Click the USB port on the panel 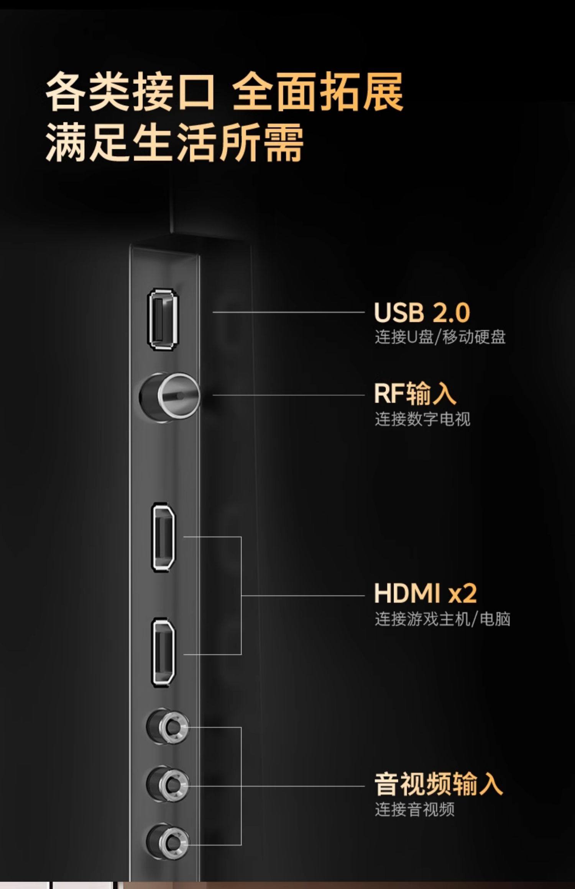point(163,319)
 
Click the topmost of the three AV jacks point(168,726)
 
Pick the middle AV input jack point(168,784)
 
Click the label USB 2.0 point(422,312)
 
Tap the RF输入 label point(415,394)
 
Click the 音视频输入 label point(438,784)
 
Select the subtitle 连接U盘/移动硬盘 point(440,337)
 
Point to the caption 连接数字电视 point(422,419)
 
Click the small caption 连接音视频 point(414,809)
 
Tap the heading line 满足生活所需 point(174,142)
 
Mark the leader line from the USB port point(287,312)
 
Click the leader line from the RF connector point(287,395)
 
